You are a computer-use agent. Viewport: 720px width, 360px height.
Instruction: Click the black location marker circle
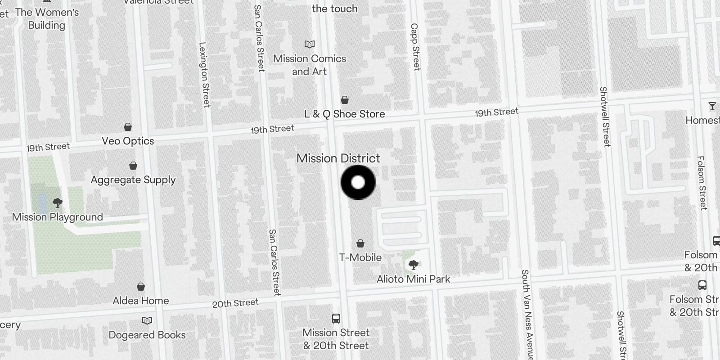tap(358, 182)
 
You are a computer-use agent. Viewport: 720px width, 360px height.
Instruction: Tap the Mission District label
tap(338, 158)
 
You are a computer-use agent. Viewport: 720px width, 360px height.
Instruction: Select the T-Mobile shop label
tap(360, 257)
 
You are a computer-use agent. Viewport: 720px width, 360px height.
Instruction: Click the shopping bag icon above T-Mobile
tap(360, 243)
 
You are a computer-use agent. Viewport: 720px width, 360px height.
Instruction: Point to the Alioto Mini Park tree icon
tap(413, 265)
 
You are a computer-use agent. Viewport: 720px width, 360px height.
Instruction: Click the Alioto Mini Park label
tap(413, 279)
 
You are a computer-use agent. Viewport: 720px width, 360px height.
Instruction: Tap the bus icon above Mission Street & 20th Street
tap(336, 319)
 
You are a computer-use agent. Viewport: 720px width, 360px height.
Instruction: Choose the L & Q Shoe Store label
tap(345, 114)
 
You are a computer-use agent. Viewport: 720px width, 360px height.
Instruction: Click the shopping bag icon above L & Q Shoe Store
tap(345, 100)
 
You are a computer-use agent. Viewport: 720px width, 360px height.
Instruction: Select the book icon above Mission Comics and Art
tap(310, 44)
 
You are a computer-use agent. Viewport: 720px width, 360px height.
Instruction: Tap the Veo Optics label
tap(128, 141)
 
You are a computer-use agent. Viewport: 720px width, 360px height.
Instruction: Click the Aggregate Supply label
tap(133, 180)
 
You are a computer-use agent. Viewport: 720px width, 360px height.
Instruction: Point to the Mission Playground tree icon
tap(57, 203)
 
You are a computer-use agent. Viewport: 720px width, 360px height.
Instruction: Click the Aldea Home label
tap(141, 301)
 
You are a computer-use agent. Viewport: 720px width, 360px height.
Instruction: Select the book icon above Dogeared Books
tap(147, 321)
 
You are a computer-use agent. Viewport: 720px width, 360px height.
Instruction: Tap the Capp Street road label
tap(415, 47)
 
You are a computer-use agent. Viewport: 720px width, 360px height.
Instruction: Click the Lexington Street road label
tap(204, 75)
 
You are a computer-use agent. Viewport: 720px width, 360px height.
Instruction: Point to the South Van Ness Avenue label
tap(526, 315)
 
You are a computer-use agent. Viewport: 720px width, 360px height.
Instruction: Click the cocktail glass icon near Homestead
tap(712, 106)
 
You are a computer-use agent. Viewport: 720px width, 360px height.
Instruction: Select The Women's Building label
tap(47, 18)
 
